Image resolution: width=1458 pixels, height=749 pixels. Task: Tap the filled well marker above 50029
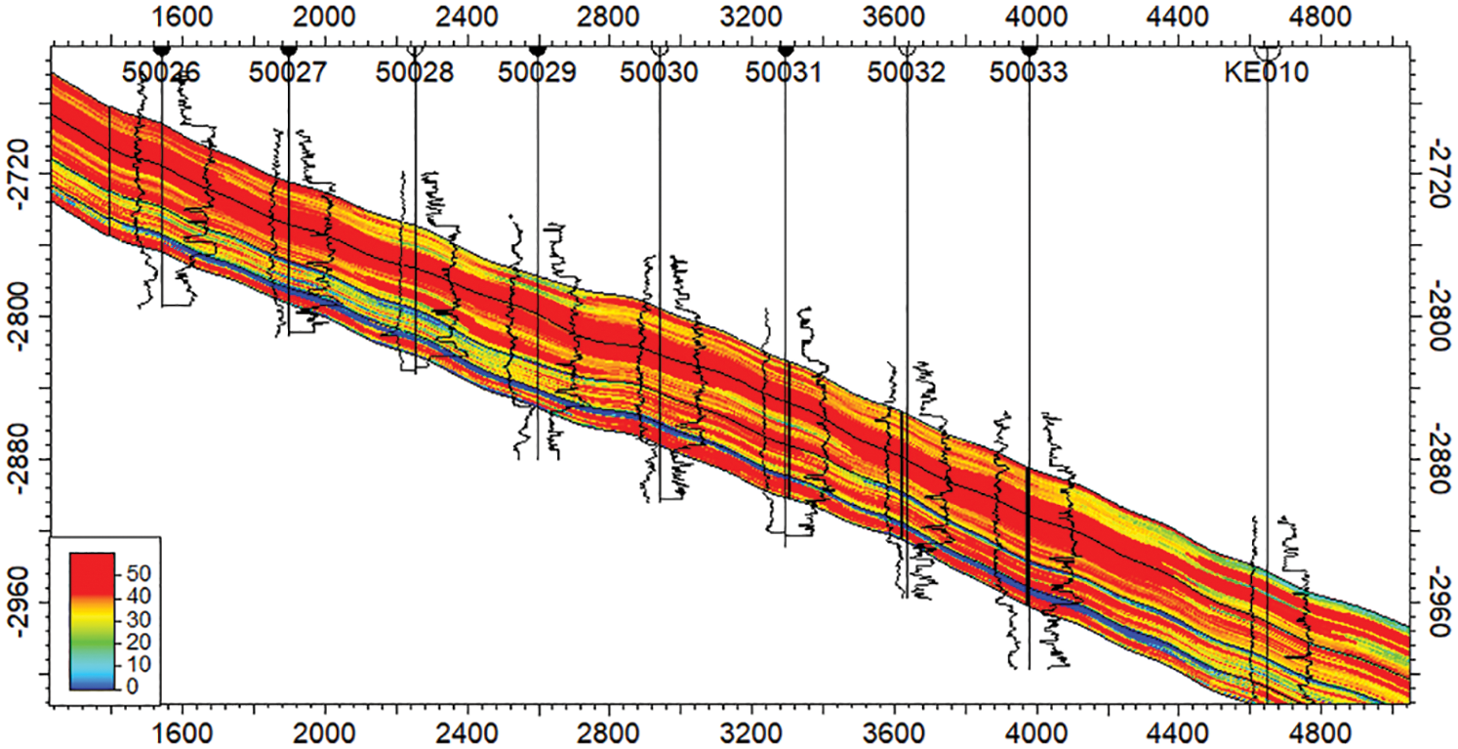(x=537, y=49)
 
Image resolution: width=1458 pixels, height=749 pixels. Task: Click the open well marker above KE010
(x=1267, y=49)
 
